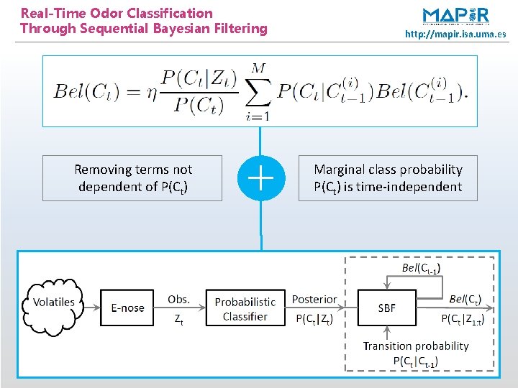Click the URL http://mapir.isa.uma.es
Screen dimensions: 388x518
(455, 34)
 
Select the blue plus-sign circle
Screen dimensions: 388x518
(260, 177)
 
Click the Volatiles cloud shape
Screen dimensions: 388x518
(54, 302)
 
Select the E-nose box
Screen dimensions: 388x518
(127, 308)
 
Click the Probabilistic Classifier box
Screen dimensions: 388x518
(245, 309)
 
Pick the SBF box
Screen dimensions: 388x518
(386, 308)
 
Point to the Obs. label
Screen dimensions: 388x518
(178, 299)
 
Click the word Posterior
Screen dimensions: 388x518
(314, 299)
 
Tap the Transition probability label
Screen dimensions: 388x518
(416, 346)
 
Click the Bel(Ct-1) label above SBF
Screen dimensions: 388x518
(421, 268)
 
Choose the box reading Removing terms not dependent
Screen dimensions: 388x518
(132, 178)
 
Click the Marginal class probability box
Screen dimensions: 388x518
(388, 178)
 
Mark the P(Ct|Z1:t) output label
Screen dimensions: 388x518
(463, 318)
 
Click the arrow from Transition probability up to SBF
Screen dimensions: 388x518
(387, 332)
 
